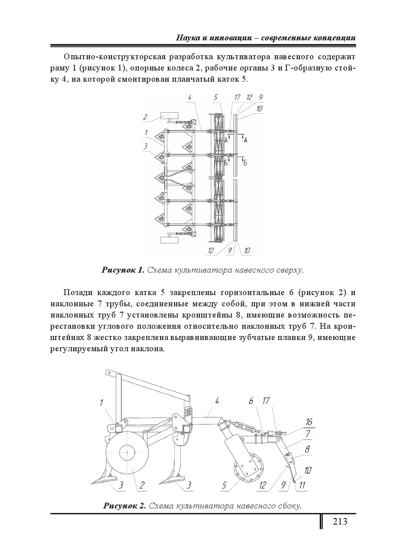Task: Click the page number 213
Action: click(x=340, y=522)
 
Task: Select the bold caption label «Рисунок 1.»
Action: click(x=122, y=270)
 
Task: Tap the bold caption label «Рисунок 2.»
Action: click(x=125, y=506)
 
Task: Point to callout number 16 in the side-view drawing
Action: click(x=308, y=422)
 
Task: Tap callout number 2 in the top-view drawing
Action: click(x=145, y=117)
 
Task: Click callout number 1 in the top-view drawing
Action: click(x=146, y=132)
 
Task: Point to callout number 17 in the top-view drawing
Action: click(x=237, y=97)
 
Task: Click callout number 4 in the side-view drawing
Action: click(x=217, y=401)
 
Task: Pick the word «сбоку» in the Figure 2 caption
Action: click(x=287, y=506)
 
